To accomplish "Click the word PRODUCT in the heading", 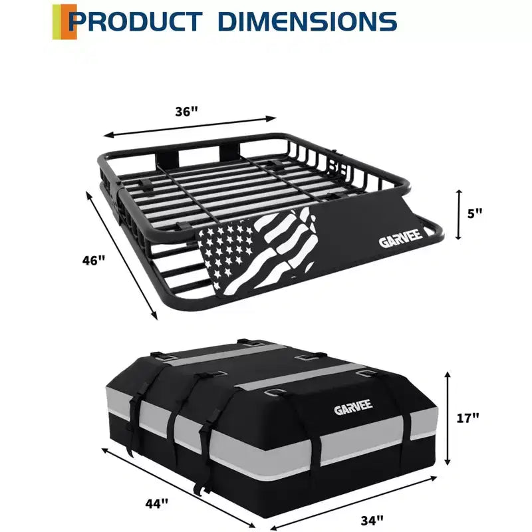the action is pyautogui.click(x=136, y=22).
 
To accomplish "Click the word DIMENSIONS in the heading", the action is pyautogui.click(x=309, y=22).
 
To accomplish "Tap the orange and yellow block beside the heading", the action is pyautogui.click(x=64, y=22).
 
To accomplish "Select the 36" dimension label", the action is pyautogui.click(x=186, y=111).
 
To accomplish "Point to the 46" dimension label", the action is pyautogui.click(x=94, y=260).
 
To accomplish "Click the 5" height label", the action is pyautogui.click(x=475, y=213).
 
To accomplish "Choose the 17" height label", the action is pyautogui.click(x=467, y=418).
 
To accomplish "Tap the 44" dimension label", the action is pyautogui.click(x=157, y=503).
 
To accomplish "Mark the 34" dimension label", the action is pyautogui.click(x=372, y=520).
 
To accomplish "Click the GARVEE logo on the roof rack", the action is pyautogui.click(x=401, y=239).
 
